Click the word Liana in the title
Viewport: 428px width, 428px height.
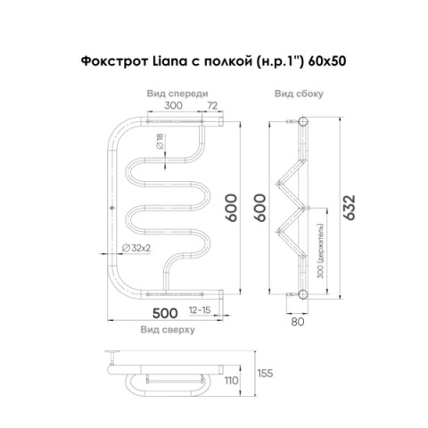coord(170,62)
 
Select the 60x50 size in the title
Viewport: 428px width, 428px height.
coord(327,62)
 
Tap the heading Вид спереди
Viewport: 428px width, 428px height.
coord(177,94)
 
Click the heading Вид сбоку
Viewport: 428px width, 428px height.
coord(299,94)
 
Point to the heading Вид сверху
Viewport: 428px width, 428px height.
coord(168,330)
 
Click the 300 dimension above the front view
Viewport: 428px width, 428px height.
coord(173,105)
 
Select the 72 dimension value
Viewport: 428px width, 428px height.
coord(212,105)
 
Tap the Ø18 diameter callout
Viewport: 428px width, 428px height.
coord(160,141)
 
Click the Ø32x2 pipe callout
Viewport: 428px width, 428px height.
coord(136,248)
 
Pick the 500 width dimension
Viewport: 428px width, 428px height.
coord(165,313)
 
